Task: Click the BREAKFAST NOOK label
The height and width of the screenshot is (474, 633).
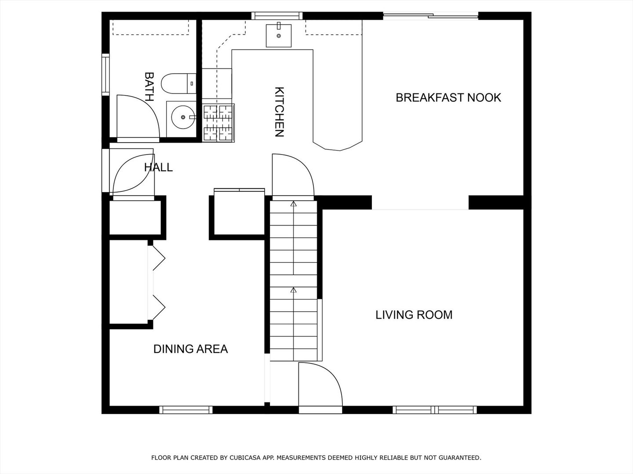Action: tap(448, 98)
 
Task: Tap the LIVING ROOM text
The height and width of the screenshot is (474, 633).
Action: tap(414, 315)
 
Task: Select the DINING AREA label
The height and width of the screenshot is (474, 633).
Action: tap(191, 349)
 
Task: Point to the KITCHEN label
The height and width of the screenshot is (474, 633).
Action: tap(279, 111)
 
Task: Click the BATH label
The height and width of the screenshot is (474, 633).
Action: tap(149, 86)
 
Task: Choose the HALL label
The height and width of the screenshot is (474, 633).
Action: tap(158, 167)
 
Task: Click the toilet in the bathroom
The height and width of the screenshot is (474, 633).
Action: tap(178, 83)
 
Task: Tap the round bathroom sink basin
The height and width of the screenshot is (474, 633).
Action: tap(183, 117)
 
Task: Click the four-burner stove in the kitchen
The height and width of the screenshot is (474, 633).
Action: tap(218, 123)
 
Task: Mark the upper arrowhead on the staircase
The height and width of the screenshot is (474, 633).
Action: tap(293, 204)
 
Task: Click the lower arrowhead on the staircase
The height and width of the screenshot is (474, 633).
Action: tap(293, 290)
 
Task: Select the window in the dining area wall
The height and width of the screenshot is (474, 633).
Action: tap(186, 410)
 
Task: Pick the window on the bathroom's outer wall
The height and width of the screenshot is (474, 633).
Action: tap(105, 75)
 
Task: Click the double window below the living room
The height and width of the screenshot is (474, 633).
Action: tap(435, 410)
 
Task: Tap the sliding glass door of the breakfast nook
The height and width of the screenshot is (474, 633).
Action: tap(430, 16)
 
